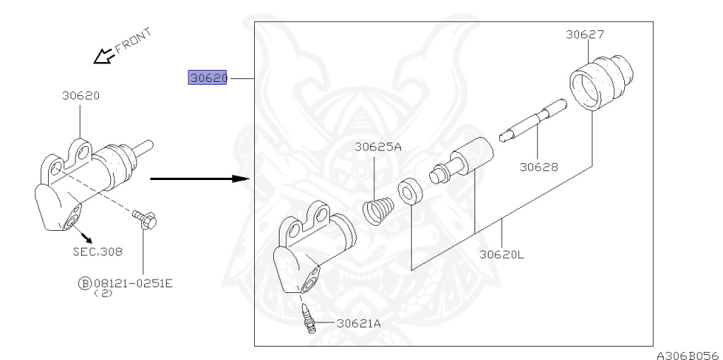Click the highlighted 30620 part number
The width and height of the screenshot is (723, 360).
[x=207, y=78]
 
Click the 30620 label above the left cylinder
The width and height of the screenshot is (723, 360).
[x=80, y=95]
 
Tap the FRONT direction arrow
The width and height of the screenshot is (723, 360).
[x=103, y=55]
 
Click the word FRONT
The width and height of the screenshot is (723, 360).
[x=133, y=41]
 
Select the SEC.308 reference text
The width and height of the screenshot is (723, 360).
[x=97, y=252]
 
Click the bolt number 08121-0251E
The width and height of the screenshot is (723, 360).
[x=133, y=283]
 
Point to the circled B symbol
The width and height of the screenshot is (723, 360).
[x=85, y=284]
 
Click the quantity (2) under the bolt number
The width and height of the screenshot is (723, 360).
[x=103, y=293]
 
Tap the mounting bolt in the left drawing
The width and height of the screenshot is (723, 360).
[x=145, y=220]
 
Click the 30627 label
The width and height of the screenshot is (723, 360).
[x=585, y=34]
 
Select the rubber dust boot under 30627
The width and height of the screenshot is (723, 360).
[x=602, y=83]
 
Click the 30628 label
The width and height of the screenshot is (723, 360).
[x=539, y=167]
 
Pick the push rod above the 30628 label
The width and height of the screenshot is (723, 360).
[x=533, y=121]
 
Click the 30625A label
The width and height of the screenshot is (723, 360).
[x=378, y=147]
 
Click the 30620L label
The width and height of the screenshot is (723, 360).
[x=502, y=254]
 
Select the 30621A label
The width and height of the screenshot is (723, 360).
[x=359, y=323]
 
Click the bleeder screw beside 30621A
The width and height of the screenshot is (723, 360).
[x=309, y=318]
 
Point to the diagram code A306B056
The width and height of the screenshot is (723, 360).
[x=689, y=355]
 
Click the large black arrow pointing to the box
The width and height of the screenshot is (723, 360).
[x=200, y=179]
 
